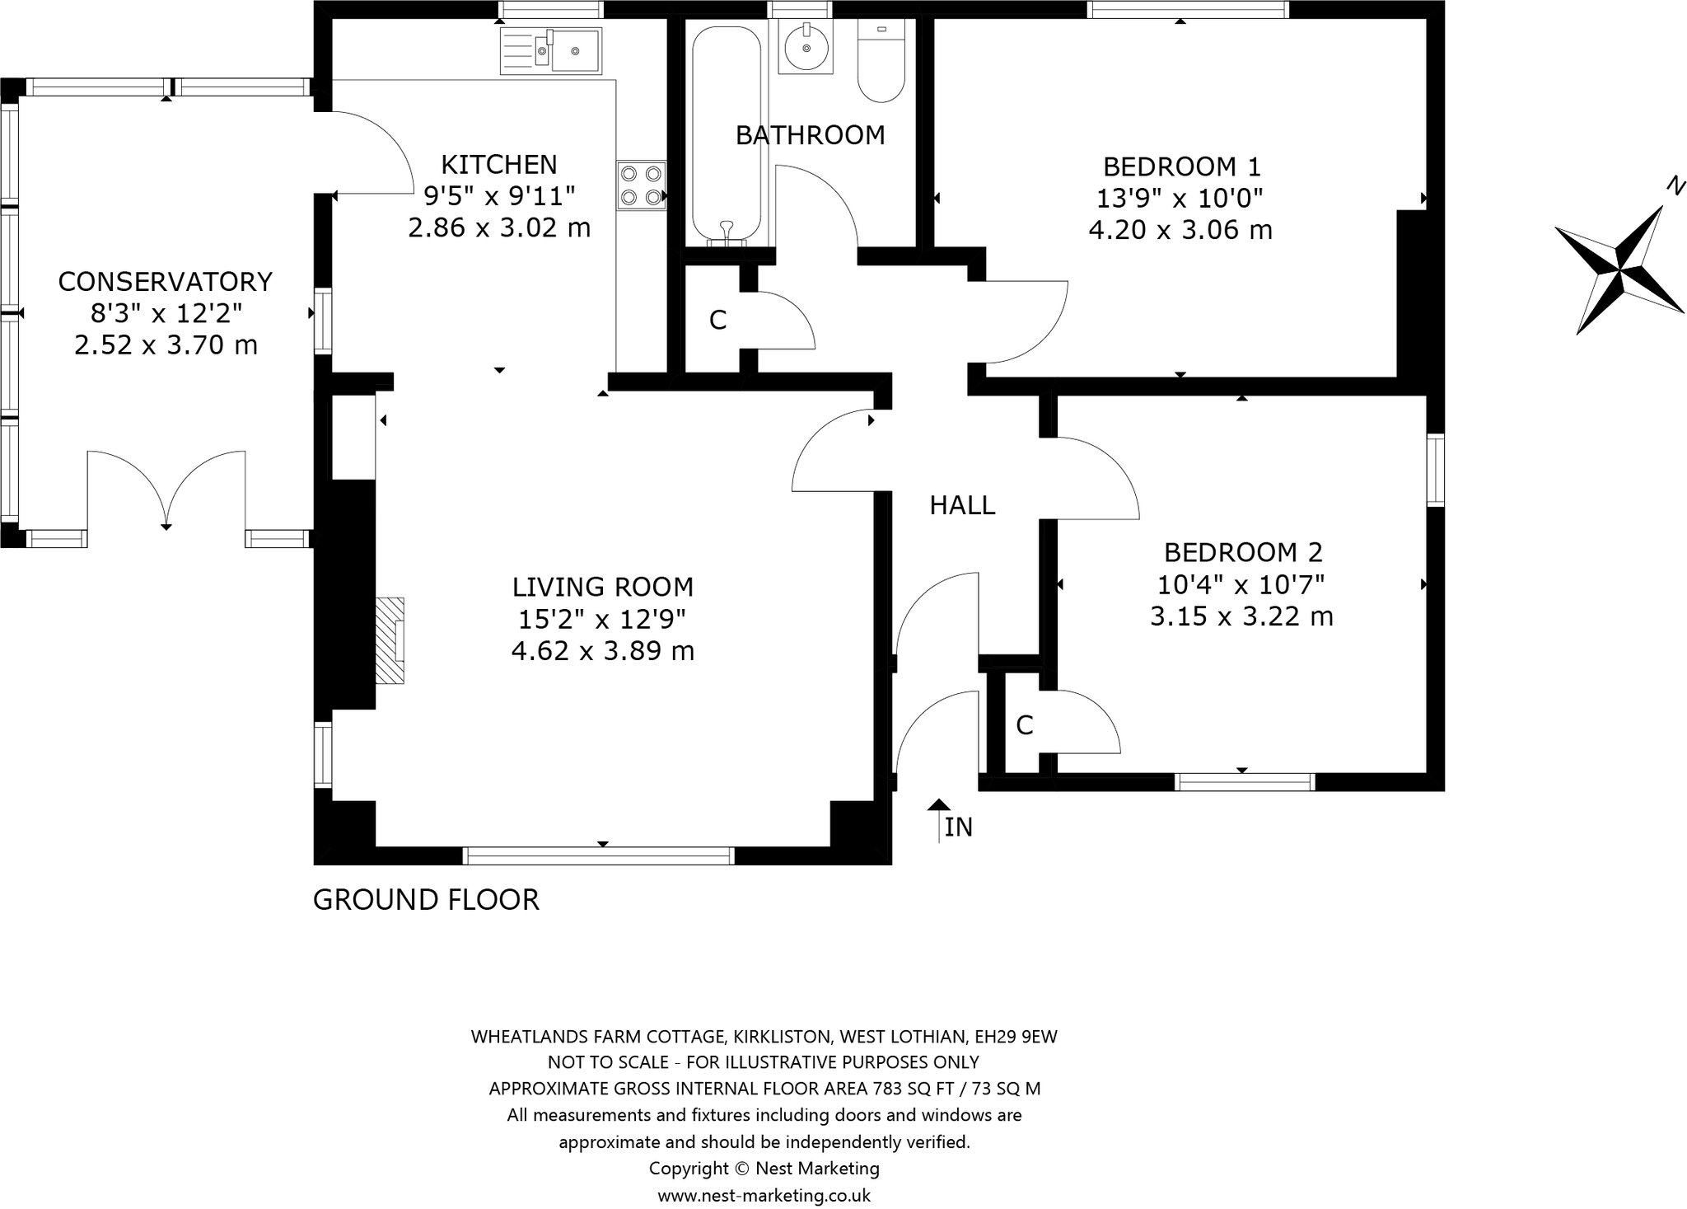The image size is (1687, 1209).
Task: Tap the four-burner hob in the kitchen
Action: coord(642,185)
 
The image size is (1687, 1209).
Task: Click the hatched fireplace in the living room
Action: coord(390,640)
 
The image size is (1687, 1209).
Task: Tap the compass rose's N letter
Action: coord(1672,187)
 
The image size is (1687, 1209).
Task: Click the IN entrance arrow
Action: coord(939,821)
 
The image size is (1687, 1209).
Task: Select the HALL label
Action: coord(962,504)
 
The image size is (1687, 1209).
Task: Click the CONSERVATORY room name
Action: coord(165,282)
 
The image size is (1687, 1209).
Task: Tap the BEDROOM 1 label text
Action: coord(1181,167)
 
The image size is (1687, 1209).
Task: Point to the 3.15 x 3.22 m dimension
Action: coord(1241,616)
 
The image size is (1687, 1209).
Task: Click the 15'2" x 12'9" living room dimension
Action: coord(602,619)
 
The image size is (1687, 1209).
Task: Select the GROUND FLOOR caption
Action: coord(426,899)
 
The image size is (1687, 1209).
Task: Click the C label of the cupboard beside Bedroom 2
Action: coord(1024,725)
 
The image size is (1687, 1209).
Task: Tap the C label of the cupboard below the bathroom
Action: coord(717,320)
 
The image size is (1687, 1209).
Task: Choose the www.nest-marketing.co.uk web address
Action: coord(764,1195)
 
